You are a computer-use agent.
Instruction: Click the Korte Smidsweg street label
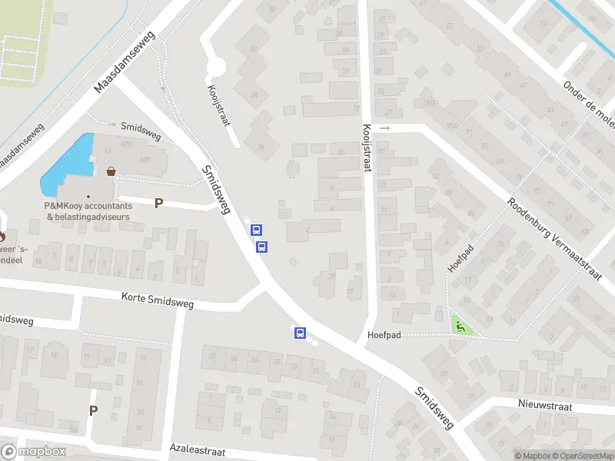tap(158, 300)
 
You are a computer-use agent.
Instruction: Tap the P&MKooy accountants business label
tap(88, 211)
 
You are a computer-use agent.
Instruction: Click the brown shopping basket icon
tap(112, 171)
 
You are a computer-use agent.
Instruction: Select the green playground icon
tap(460, 326)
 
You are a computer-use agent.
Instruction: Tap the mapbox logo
tap(34, 452)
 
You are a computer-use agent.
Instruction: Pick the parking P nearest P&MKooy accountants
tap(159, 204)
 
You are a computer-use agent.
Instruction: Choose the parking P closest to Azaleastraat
tap(93, 410)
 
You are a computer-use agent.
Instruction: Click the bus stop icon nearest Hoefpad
tap(300, 333)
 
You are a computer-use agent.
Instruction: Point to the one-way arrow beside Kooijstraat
tap(386, 128)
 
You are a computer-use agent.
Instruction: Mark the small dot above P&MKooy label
tap(88, 196)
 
